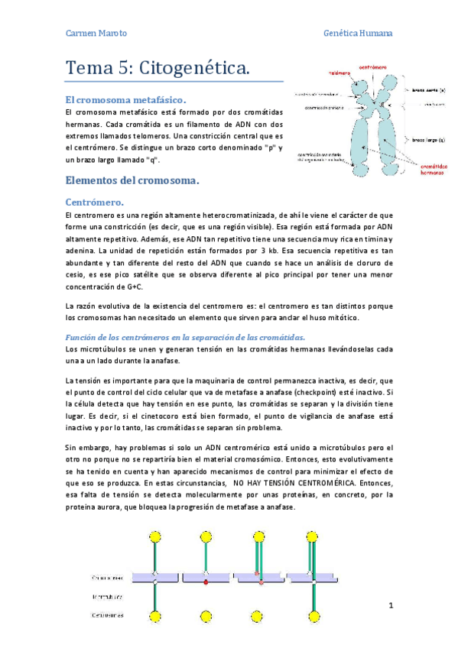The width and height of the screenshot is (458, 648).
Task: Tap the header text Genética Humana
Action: pos(359,34)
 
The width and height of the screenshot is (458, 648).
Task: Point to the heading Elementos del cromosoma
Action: pos(132,181)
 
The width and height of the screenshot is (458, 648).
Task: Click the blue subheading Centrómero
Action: pos(96,202)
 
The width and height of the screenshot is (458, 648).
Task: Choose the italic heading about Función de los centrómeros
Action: pos(185,337)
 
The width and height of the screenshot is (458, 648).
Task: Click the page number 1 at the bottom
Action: pos(390,607)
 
